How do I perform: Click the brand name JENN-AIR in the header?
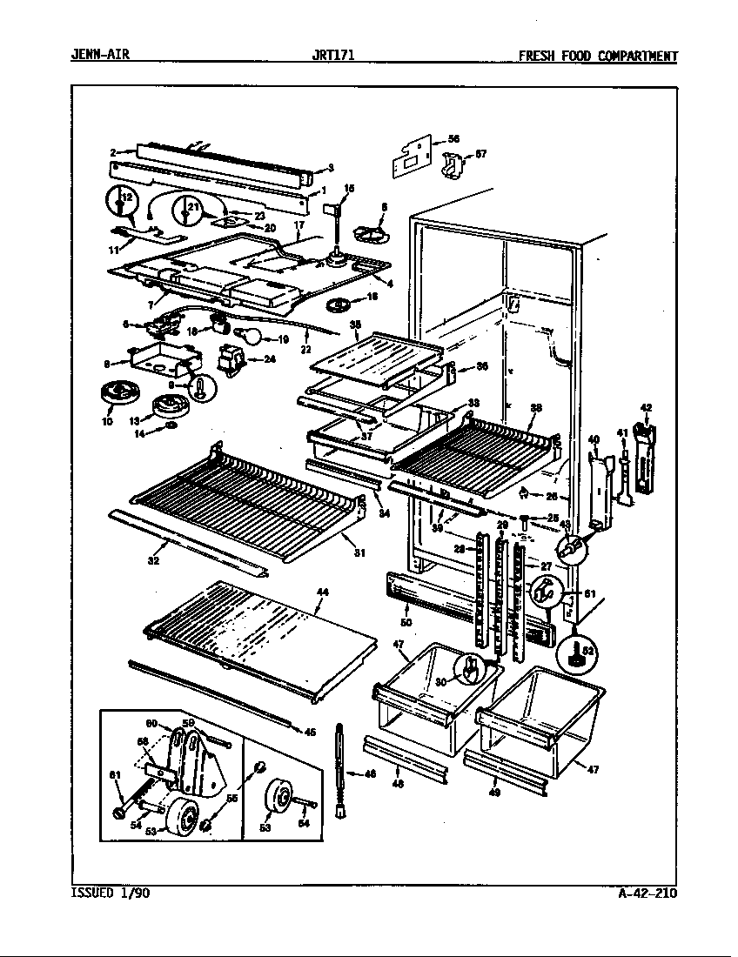coord(99,57)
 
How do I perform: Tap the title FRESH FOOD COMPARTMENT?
coord(597,57)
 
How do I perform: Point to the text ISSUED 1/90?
coord(109,893)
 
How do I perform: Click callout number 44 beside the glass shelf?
coord(322,592)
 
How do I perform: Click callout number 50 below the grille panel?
coord(406,623)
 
